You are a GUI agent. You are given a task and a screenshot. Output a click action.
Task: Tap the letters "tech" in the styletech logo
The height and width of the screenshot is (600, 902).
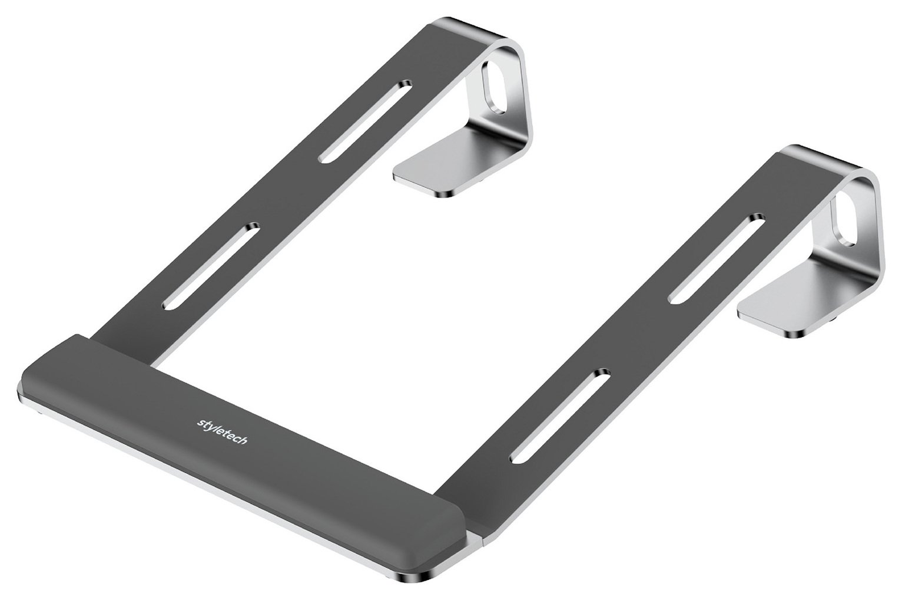235,440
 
